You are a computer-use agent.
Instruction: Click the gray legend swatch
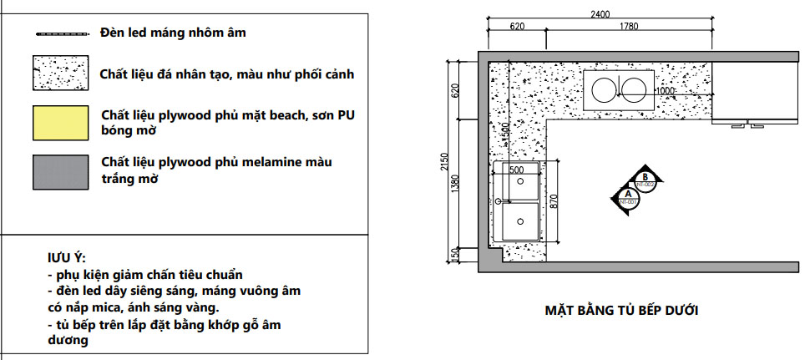(x=60, y=170)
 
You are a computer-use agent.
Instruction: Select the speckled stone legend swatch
(x=60, y=74)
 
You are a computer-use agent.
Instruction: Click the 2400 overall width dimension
(x=600, y=14)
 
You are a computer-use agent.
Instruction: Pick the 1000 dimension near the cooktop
(x=665, y=91)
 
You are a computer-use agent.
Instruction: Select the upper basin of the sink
(x=521, y=185)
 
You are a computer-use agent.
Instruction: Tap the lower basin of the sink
(x=521, y=223)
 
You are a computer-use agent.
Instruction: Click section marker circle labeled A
(x=628, y=196)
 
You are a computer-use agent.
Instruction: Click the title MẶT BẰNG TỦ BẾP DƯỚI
(x=621, y=311)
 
